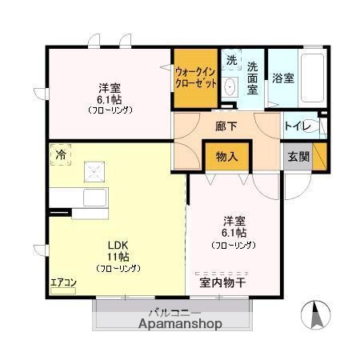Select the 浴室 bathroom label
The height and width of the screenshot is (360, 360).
(283, 78)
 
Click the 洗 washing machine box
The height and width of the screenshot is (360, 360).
(231, 61)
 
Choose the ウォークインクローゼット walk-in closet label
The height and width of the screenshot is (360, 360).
(195, 77)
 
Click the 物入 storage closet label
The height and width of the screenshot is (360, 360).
(227, 157)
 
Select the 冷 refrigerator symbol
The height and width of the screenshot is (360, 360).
(59, 154)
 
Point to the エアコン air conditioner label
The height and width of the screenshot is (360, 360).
(62, 282)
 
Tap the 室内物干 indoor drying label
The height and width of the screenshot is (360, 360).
(234, 282)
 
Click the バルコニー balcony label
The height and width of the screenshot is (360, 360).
(174, 313)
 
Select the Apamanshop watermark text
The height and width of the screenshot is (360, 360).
(179, 325)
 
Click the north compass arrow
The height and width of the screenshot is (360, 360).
(315, 315)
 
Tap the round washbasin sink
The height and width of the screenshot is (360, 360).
(230, 86)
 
